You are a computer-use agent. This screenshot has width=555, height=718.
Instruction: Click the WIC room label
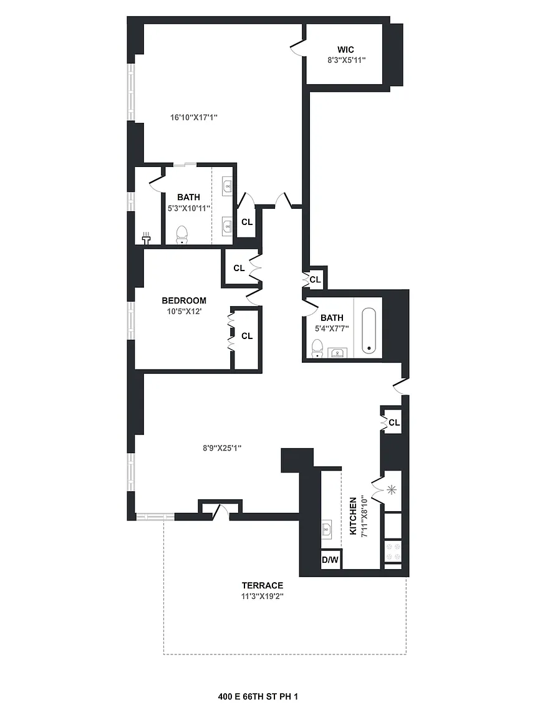pos(345,49)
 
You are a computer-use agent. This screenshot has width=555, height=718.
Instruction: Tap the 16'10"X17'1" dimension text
pos(194,117)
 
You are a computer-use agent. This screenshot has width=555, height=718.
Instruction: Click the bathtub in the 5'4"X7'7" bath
pos(369,330)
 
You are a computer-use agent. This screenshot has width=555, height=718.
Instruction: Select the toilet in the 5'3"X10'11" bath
pos(183,234)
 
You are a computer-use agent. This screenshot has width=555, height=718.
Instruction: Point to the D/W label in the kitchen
pos(330,560)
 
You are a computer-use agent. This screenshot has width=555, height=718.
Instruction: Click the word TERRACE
pos(263,585)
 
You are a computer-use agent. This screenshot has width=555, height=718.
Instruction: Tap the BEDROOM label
pos(184,300)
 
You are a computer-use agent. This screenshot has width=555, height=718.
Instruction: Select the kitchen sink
pos(326,530)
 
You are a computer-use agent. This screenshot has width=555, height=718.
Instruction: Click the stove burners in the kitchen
pos(393,552)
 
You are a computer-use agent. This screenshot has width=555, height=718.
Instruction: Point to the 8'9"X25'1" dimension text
pos(222,448)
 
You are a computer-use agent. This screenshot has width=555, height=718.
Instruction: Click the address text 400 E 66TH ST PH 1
pos(258,696)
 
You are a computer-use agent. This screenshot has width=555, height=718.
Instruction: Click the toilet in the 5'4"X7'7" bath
pos(317,348)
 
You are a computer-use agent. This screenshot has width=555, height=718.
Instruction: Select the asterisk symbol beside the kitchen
pos(392,490)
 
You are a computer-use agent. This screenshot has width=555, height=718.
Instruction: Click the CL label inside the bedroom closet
pos(247,336)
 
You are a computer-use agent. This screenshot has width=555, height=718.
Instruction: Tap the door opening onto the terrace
pos(221,512)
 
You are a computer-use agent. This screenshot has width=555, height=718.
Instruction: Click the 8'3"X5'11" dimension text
pos(347,60)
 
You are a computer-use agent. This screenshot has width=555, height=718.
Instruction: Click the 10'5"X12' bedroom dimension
pos(184,312)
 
